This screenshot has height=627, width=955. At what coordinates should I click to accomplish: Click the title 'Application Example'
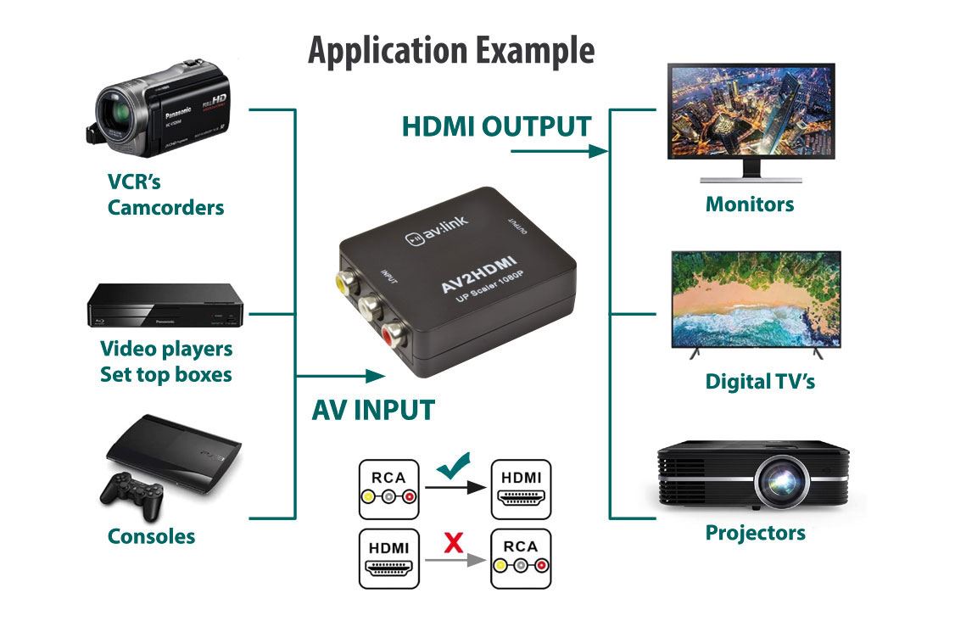[450, 52]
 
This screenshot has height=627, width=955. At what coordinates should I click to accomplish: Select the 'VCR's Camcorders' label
[165, 194]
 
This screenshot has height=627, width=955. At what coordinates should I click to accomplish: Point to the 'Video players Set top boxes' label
[166, 361]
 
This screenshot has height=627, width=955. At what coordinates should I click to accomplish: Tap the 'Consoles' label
[151, 536]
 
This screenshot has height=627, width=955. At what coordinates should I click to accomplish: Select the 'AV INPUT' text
[373, 410]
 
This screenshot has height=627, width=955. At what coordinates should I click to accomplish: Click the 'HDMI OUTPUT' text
[496, 126]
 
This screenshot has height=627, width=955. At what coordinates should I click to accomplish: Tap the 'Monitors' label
[750, 204]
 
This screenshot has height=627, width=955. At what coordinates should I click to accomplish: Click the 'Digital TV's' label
[760, 381]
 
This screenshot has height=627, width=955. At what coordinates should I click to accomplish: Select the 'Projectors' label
[755, 533]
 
